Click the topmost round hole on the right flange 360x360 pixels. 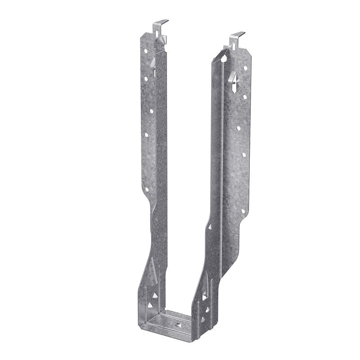[x=245, y=68]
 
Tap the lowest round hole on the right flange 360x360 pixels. [x=243, y=211]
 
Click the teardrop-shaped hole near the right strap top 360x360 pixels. [x=224, y=58]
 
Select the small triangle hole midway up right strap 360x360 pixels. [x=210, y=227]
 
